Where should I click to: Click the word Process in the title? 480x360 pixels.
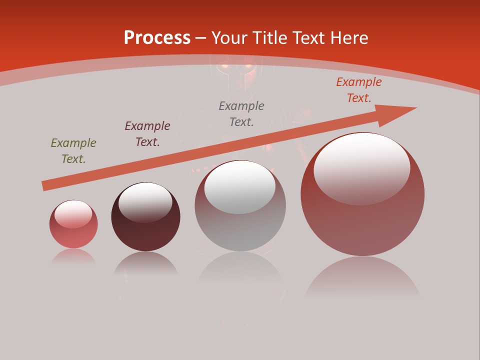click(157, 38)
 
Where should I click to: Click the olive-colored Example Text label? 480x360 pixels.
click(73, 151)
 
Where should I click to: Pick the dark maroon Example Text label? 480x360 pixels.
click(147, 134)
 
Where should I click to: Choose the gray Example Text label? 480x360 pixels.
click(241, 114)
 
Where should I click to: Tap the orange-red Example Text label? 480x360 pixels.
click(359, 90)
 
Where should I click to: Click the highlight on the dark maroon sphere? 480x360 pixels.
click(145, 202)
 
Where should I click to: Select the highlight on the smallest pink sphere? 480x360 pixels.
click(73, 214)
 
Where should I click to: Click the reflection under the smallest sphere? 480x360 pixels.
click(73, 257)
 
